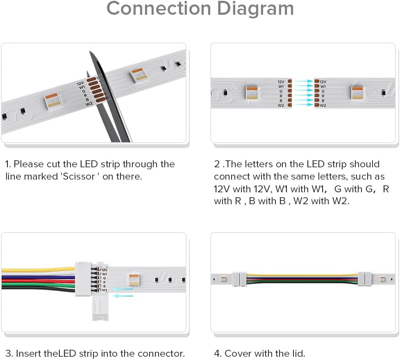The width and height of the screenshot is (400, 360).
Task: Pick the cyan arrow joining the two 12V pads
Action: tap(303, 82)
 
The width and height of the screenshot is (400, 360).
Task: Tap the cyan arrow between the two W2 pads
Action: tap(303, 105)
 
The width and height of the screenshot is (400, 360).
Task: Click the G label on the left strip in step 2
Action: tap(281, 91)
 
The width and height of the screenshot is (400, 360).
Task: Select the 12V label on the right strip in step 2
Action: tap(323, 82)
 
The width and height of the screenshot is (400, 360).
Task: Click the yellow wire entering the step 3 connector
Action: tap(37, 270)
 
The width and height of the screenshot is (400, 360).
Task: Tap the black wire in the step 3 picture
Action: tap(37, 289)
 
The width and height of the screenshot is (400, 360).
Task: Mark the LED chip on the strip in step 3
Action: tap(134, 280)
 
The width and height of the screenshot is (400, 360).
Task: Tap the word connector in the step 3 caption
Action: tap(161, 353)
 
